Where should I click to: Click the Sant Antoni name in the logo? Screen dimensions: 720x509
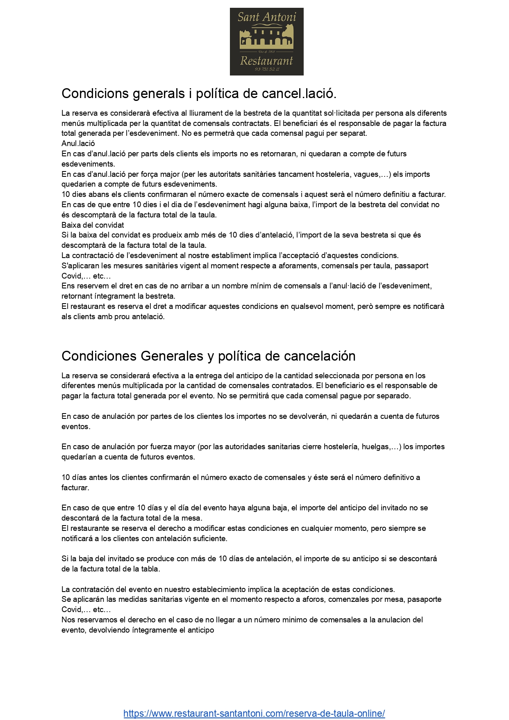266,17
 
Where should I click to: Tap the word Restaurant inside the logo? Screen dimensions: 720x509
266,61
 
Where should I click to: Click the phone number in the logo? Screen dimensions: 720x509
266,69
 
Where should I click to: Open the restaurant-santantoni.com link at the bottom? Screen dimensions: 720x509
254,713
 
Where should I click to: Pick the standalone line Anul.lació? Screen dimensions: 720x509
78,144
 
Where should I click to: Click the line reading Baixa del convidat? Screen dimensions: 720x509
93,225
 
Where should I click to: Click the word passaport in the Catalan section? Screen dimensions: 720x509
412,266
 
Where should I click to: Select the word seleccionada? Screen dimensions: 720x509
333,376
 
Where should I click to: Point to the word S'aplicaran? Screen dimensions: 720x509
80,266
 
